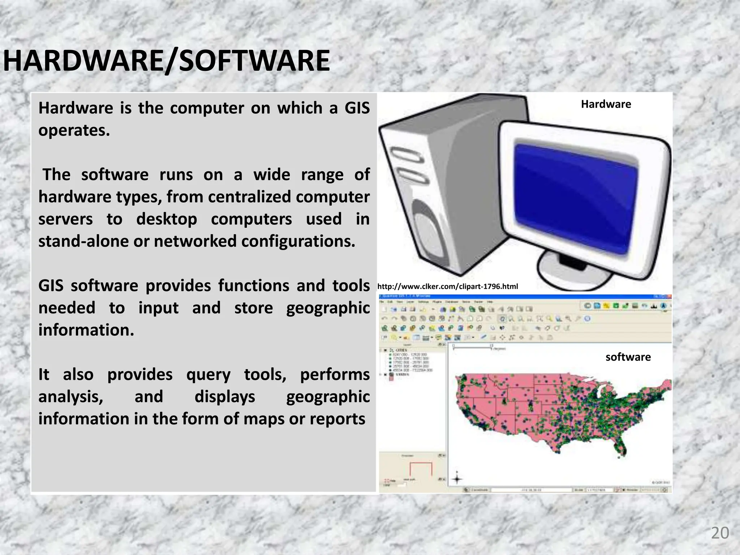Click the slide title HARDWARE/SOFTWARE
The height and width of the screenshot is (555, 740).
(167, 61)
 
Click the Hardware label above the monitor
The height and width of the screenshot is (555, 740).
(606, 104)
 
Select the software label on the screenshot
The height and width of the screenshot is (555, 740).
(628, 357)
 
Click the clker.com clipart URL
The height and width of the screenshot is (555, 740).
(448, 287)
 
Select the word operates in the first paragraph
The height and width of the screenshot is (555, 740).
(74, 130)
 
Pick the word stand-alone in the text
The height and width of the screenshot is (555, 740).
(83, 241)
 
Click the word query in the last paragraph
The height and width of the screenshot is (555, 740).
(208, 375)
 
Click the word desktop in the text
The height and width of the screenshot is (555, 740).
(167, 219)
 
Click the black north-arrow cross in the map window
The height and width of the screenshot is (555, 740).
(457, 479)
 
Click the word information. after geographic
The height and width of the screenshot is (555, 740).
(86, 330)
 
